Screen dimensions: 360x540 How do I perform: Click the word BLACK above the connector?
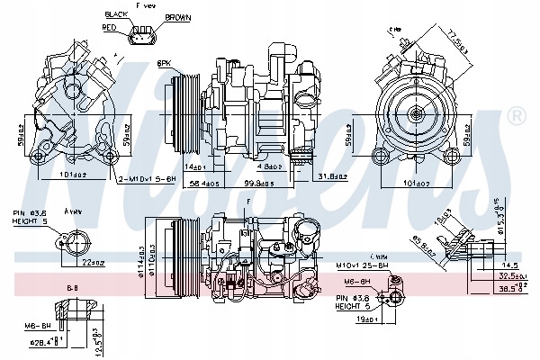tap(117, 15)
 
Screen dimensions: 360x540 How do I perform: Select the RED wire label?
tap(111, 28)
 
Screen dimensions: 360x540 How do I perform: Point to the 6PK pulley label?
tap(165, 63)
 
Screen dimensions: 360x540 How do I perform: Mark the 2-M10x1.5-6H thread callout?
tap(145, 179)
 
